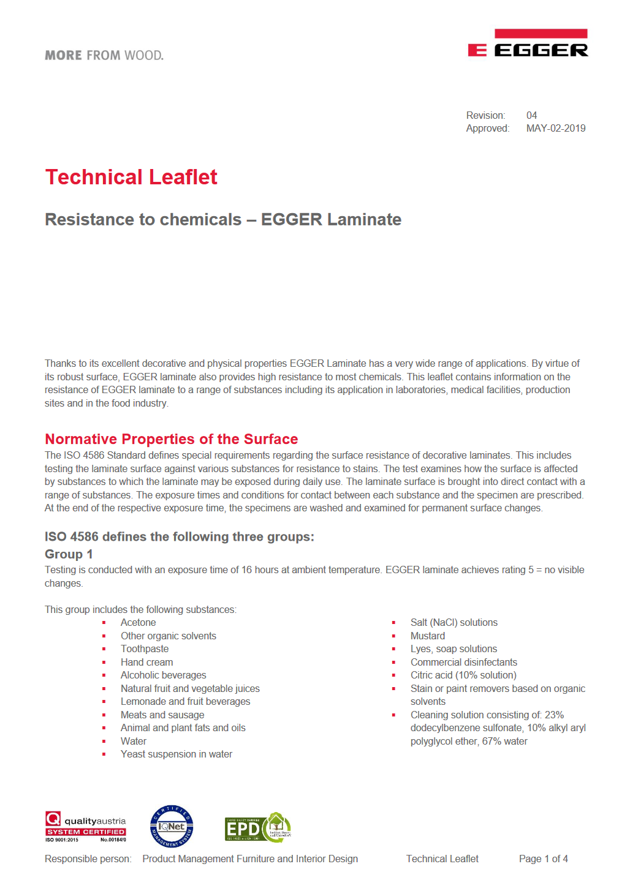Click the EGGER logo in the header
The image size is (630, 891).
[x=528, y=43]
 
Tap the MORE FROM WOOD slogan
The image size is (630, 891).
[x=104, y=56]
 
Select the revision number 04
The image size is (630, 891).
[x=531, y=116]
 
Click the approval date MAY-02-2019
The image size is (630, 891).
[x=555, y=129]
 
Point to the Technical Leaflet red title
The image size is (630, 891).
[x=131, y=178]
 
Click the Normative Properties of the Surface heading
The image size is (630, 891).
[x=171, y=439]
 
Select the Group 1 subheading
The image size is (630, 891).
[x=69, y=554]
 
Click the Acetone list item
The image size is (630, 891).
[x=138, y=623]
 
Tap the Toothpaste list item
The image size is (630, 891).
[x=145, y=649]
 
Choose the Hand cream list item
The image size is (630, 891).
[x=146, y=663]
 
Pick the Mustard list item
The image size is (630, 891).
[x=428, y=636]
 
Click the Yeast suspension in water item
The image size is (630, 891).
[x=176, y=754]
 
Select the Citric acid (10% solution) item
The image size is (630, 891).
[x=463, y=675]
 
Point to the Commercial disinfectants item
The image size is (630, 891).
[x=464, y=663]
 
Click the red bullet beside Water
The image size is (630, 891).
[x=104, y=742]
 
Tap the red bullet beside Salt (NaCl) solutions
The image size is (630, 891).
[x=394, y=623]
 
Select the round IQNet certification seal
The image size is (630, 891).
[x=172, y=827]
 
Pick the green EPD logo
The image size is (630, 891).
[x=257, y=828]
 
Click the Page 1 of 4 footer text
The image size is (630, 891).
[x=543, y=859]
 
